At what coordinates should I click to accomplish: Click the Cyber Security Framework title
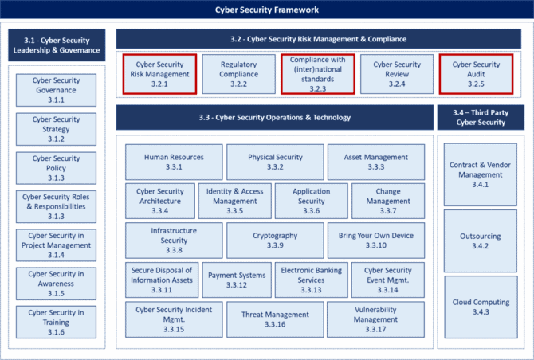pos(267,10)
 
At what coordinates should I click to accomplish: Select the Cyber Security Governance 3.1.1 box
pos(57,90)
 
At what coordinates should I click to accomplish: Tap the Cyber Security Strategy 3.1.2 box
pos(57,129)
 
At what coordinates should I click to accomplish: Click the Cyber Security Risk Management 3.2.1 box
pos(159,74)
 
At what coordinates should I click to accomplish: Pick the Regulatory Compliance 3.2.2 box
pos(239,74)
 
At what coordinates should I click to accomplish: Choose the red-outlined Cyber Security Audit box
pos(476,74)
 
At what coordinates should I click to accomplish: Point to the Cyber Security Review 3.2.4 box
pos(397,74)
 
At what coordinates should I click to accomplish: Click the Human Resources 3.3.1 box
pos(174,162)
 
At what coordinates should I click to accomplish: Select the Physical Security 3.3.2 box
pos(275,162)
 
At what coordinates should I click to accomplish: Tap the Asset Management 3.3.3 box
pos(376,162)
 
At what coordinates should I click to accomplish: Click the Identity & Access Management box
pos(235,201)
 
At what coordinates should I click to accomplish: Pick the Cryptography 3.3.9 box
pos(275,241)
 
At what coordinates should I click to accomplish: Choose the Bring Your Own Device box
pos(376,241)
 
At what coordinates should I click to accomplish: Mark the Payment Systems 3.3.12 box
pos(237,280)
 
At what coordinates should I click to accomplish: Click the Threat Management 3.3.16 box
pos(275,319)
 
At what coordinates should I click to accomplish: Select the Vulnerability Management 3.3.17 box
pos(375,319)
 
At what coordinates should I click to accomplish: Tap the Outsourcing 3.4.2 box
pos(480,241)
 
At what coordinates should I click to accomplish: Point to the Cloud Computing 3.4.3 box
pos(481,307)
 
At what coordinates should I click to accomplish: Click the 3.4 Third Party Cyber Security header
pos(481,117)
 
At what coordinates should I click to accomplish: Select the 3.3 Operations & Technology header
pos(275,117)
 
